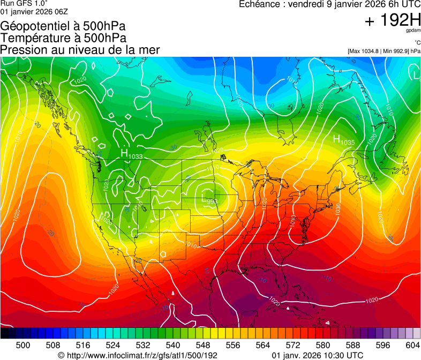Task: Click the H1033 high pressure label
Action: point(131,155)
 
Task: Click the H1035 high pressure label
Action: point(343,140)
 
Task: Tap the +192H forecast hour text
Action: point(392,21)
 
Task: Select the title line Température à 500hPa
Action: point(63,38)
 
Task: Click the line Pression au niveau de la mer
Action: point(80,50)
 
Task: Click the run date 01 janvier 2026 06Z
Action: point(34,11)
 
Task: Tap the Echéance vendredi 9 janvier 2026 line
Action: point(329,5)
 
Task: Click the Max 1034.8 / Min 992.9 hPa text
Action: point(384,51)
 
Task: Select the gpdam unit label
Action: point(414,32)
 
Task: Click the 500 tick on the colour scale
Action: point(22,344)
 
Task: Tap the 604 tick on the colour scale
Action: point(412,344)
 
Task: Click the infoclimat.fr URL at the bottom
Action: point(138,355)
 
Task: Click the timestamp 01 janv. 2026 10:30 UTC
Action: point(318,355)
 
